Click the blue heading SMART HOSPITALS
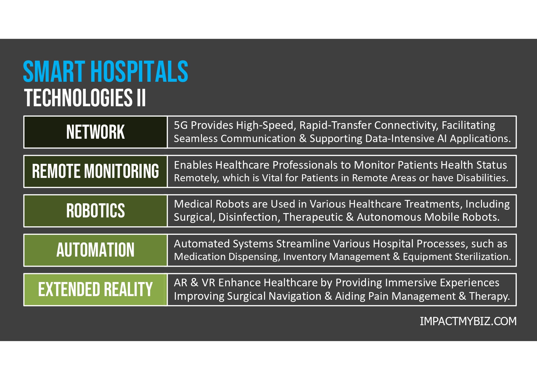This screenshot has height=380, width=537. click(x=106, y=72)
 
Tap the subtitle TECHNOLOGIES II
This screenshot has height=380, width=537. click(x=85, y=98)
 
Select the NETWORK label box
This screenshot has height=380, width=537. click(x=95, y=132)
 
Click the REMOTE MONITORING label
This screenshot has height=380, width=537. click(x=95, y=171)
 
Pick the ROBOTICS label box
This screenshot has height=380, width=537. click(x=95, y=211)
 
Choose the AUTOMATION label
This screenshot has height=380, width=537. click(x=95, y=250)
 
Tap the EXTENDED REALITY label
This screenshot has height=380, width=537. click(x=95, y=289)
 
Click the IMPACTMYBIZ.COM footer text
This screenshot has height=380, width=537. click(x=468, y=321)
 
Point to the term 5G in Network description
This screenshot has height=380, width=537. click(x=181, y=125)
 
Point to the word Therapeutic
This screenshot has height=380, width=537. click(x=313, y=217)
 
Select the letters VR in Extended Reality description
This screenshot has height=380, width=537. click(x=208, y=283)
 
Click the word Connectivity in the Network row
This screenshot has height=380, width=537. click(x=406, y=125)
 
